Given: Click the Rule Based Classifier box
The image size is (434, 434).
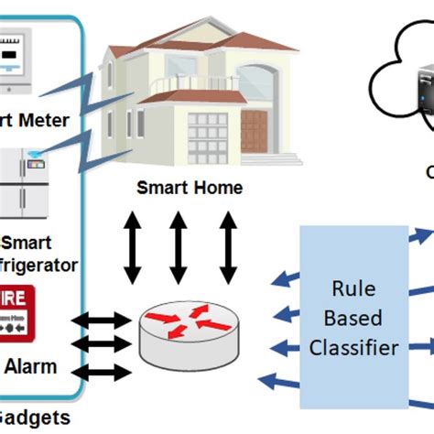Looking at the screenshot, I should [353, 316].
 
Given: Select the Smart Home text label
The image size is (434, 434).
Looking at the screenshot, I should [190, 189].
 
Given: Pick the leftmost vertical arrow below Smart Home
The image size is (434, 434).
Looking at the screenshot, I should [134, 249].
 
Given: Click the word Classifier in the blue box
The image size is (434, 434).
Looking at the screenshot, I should [353, 347].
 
